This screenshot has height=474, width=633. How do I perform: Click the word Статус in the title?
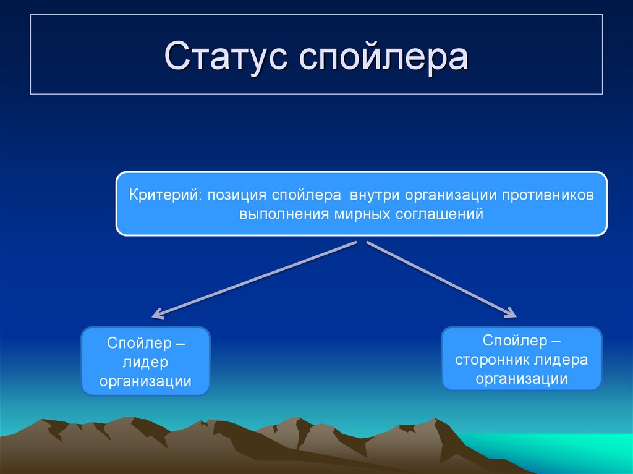[x=227, y=57]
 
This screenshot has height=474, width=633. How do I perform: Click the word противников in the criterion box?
[x=548, y=195]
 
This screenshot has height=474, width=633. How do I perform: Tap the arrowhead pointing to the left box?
[x=157, y=315]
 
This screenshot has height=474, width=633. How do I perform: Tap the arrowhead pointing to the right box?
[x=510, y=313]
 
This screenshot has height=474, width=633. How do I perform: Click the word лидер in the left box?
[x=146, y=362]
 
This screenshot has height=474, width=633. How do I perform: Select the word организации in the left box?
[x=146, y=381]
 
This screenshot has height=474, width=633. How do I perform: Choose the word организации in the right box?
[x=522, y=379]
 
